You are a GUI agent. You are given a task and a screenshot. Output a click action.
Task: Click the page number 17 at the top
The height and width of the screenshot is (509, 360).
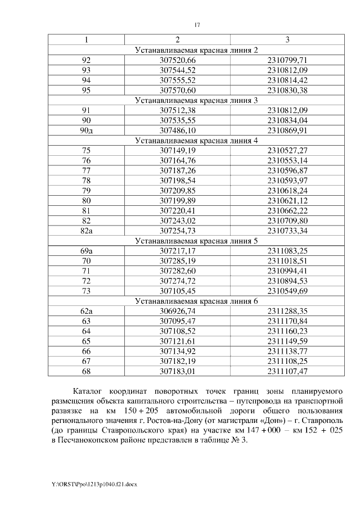[197, 25]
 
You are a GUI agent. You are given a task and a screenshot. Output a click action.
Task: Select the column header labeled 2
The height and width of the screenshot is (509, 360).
[178, 40]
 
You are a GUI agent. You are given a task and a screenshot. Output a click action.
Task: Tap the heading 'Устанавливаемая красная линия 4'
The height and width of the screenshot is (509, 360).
[196, 140]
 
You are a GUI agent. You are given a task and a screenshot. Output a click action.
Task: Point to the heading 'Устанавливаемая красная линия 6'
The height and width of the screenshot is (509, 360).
[196, 300]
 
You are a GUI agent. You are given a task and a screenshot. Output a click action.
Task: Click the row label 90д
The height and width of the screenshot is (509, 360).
[86, 130]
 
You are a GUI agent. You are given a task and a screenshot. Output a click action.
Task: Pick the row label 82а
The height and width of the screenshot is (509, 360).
[86, 231]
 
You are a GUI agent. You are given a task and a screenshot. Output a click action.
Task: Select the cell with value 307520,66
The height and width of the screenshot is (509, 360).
[178, 60]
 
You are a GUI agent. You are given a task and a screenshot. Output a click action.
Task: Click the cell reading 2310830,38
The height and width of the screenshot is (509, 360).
[287, 90]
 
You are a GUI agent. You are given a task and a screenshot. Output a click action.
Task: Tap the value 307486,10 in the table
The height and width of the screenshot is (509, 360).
[178, 130]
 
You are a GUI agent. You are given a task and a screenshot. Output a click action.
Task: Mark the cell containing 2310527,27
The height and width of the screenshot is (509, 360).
[287, 150]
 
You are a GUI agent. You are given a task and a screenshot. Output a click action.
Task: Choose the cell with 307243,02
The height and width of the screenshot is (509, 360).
[178, 220]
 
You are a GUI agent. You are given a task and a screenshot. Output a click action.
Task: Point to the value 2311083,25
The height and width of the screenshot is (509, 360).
[287, 250]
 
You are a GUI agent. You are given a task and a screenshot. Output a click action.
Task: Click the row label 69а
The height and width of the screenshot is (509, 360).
[86, 250]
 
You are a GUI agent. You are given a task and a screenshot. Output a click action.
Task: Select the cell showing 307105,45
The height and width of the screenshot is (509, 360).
[178, 290]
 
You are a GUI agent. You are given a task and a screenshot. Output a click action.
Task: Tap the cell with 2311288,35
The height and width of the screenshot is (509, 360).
[287, 310]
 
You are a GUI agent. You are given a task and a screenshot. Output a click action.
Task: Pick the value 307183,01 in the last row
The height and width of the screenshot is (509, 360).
[178, 371]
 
